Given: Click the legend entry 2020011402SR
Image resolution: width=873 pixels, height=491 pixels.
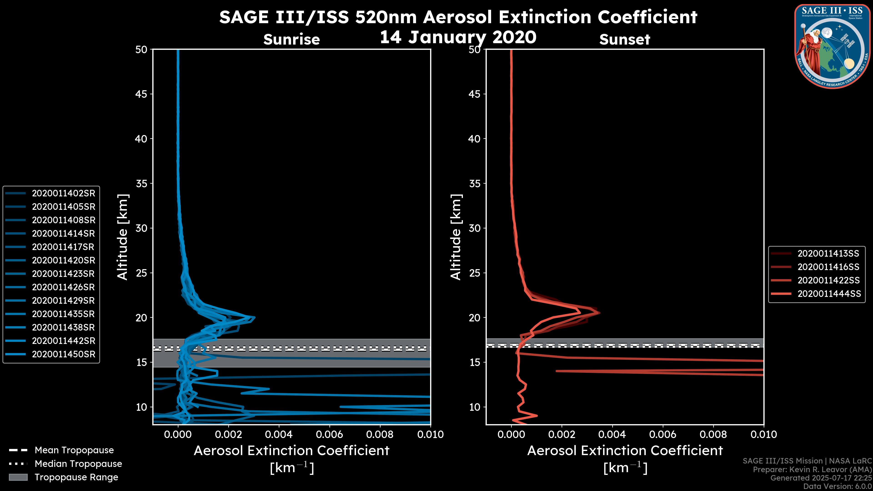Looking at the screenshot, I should [63, 193].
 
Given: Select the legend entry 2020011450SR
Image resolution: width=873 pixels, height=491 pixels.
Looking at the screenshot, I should [63, 354].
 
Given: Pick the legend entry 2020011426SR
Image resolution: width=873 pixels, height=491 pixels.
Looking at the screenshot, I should [63, 287].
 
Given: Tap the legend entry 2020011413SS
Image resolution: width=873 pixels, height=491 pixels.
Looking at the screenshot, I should [828, 253].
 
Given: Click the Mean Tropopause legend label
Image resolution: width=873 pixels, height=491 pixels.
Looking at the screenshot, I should [74, 450].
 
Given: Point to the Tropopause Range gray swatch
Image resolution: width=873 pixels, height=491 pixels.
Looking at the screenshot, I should [18, 477].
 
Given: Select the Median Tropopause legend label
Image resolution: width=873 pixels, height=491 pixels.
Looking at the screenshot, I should [78, 463].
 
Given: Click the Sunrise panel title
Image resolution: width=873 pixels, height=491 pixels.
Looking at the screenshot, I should [291, 39].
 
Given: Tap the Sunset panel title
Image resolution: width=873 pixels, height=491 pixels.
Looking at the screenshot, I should [625, 39].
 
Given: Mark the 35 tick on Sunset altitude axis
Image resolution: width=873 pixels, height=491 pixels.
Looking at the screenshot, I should [474, 183].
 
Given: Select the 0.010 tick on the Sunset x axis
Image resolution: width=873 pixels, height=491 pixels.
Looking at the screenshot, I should [764, 434].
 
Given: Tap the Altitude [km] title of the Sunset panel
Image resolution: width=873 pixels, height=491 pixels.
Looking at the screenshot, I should [456, 237].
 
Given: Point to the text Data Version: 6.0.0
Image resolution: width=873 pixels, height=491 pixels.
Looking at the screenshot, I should [838, 486].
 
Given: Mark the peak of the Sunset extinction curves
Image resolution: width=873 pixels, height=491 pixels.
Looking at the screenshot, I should [599, 312].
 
